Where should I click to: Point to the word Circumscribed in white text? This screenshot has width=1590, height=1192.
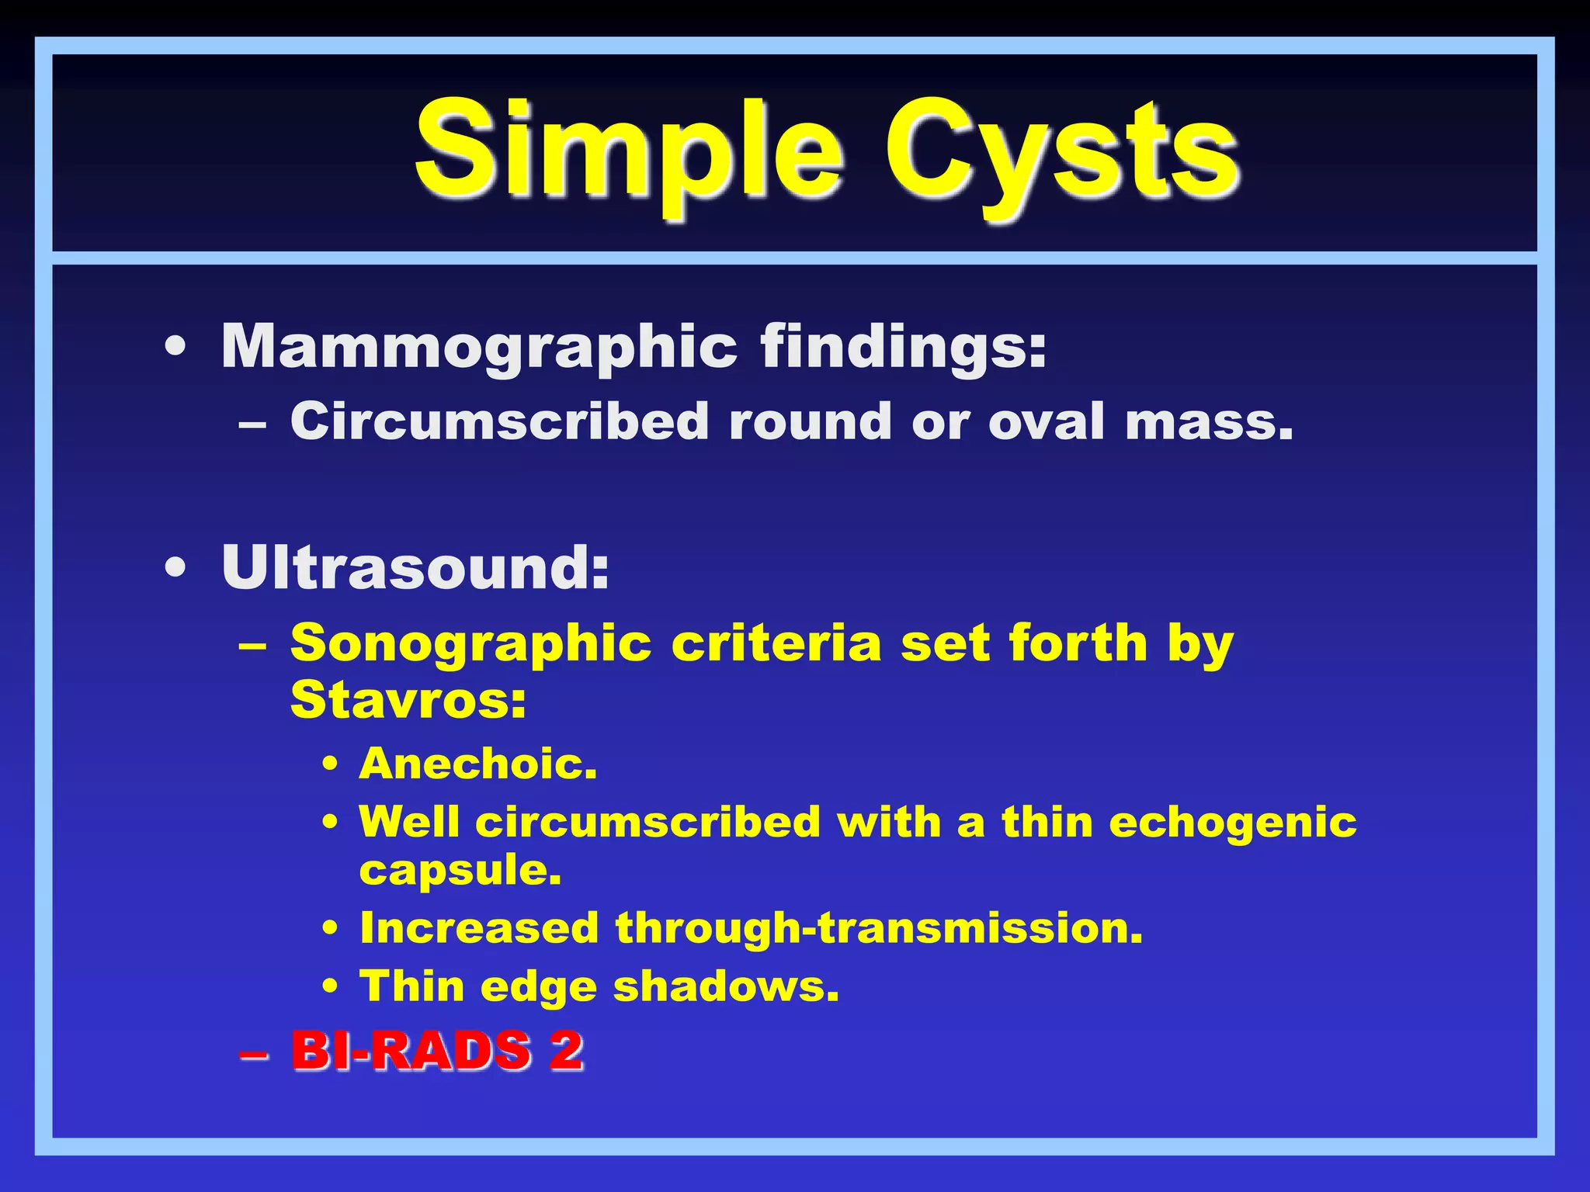click(x=499, y=421)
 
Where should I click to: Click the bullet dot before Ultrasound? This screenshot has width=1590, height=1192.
click(x=176, y=569)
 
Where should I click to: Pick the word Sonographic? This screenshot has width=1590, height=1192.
click(x=470, y=644)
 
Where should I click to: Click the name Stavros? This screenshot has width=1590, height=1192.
click(x=408, y=700)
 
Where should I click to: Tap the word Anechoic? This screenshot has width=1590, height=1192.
click(x=478, y=764)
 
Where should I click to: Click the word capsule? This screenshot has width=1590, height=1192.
click(x=460, y=871)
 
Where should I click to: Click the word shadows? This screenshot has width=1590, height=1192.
click(x=726, y=987)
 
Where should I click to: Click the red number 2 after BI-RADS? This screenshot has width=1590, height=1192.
click(x=566, y=1051)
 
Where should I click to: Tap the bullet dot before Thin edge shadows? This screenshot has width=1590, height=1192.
click(x=331, y=987)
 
